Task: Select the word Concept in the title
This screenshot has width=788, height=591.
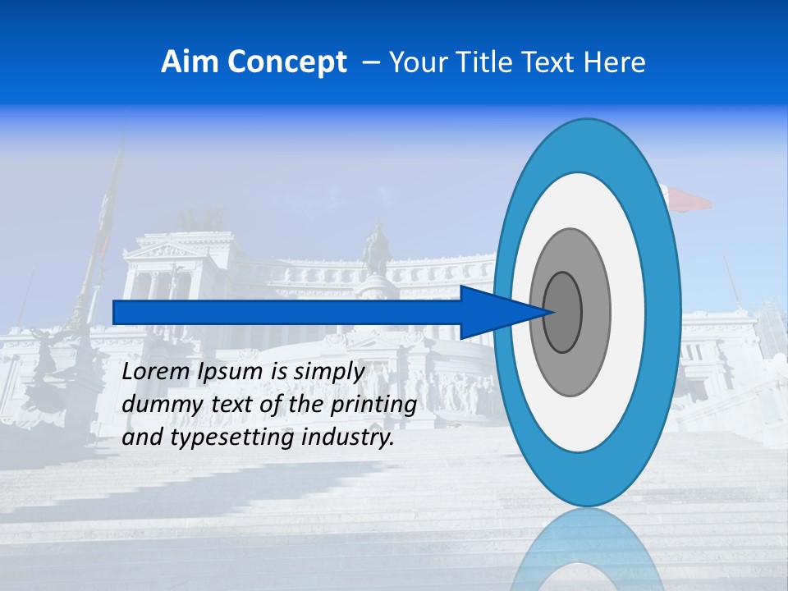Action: tap(287, 62)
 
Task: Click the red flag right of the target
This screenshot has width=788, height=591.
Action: tap(691, 199)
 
